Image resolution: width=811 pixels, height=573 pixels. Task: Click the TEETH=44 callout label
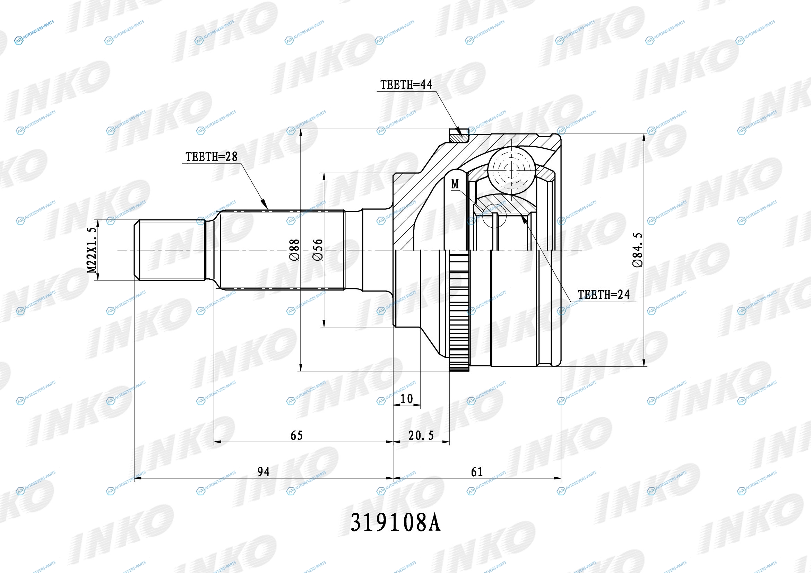tap(406, 85)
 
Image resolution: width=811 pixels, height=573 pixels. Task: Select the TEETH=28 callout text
tap(211, 157)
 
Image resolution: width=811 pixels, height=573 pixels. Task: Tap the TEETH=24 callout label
tap(603, 294)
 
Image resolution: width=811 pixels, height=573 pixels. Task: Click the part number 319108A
tap(395, 523)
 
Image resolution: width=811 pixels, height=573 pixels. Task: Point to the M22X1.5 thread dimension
tap(92, 250)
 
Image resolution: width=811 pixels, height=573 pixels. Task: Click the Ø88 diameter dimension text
tap(294, 250)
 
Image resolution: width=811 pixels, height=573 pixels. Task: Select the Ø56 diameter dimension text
tap(318, 250)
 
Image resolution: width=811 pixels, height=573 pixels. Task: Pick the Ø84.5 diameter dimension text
tap(638, 250)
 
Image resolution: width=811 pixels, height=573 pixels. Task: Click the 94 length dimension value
tap(264, 472)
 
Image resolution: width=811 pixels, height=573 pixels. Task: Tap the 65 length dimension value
tap(297, 436)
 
